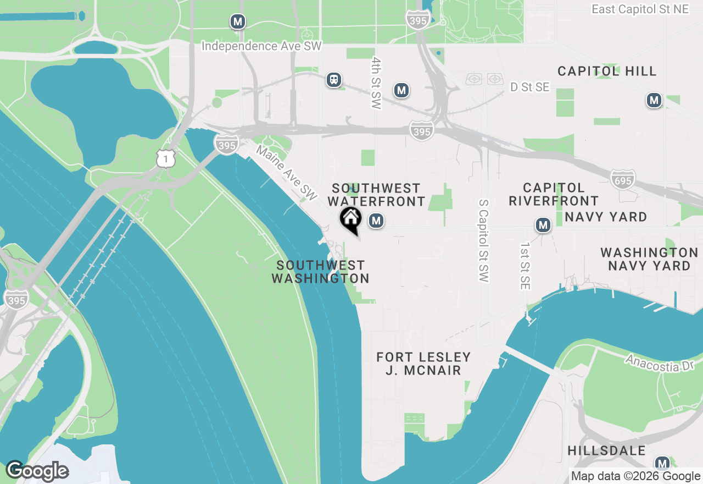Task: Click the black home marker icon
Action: point(350,219)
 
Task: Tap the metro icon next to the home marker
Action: point(376,221)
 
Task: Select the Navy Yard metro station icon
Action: point(543,225)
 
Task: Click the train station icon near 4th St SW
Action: point(333,80)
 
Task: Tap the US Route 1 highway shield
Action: point(165,158)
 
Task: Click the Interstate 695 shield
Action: point(622,179)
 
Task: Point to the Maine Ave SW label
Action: point(287,173)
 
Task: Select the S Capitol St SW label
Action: point(483,240)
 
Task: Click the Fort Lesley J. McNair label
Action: point(423,364)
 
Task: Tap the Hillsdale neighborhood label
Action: point(606,450)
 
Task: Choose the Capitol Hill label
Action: point(607,71)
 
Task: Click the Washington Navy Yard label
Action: point(649,259)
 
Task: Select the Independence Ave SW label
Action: point(261,46)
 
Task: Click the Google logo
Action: point(37,471)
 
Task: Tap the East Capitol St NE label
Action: point(646,9)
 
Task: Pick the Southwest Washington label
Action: point(321,272)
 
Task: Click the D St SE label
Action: point(529,87)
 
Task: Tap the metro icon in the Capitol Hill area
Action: point(654,100)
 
